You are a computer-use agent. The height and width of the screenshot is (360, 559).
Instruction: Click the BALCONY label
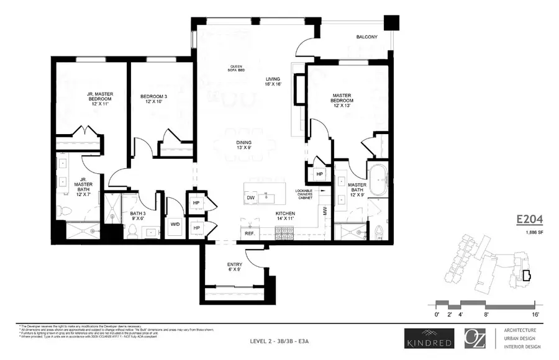tap(366, 37)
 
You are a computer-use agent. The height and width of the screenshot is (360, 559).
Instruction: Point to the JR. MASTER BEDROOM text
tap(99, 99)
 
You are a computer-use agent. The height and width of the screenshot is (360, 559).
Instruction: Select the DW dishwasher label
tap(252, 197)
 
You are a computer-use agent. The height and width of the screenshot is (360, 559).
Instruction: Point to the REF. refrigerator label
tap(250, 233)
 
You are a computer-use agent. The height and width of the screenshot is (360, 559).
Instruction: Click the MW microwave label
tap(324, 211)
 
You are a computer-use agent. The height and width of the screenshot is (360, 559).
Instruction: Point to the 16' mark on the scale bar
tap(535, 315)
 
